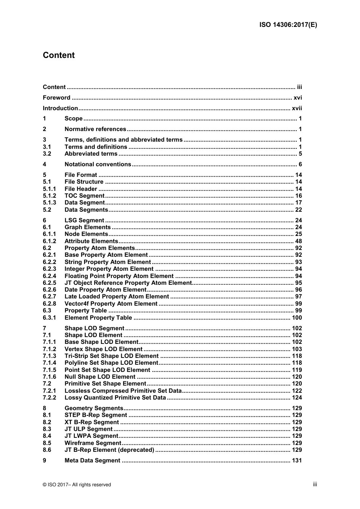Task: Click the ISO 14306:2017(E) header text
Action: [x=288, y=25]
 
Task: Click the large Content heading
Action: [x=59, y=55]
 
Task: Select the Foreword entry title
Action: [x=56, y=98]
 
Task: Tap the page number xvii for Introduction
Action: [x=297, y=108]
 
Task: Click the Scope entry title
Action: [x=74, y=119]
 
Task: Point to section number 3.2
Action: [x=47, y=154]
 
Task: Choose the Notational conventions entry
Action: [x=98, y=164]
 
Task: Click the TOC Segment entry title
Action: [x=85, y=196]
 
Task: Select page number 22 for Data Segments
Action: [x=299, y=210]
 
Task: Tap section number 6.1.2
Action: [x=49, y=241]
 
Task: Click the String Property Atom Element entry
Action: [x=108, y=262]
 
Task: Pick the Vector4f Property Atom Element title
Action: [x=111, y=304]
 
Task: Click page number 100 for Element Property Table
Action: [x=297, y=318]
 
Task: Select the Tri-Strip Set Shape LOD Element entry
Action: [x=111, y=356]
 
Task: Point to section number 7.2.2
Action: [x=49, y=398]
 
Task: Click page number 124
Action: [x=297, y=398]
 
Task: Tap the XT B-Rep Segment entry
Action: [x=92, y=422]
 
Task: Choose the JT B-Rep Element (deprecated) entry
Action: [x=109, y=450]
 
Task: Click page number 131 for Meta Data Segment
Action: [x=297, y=461]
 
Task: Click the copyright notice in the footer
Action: [x=77, y=485]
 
